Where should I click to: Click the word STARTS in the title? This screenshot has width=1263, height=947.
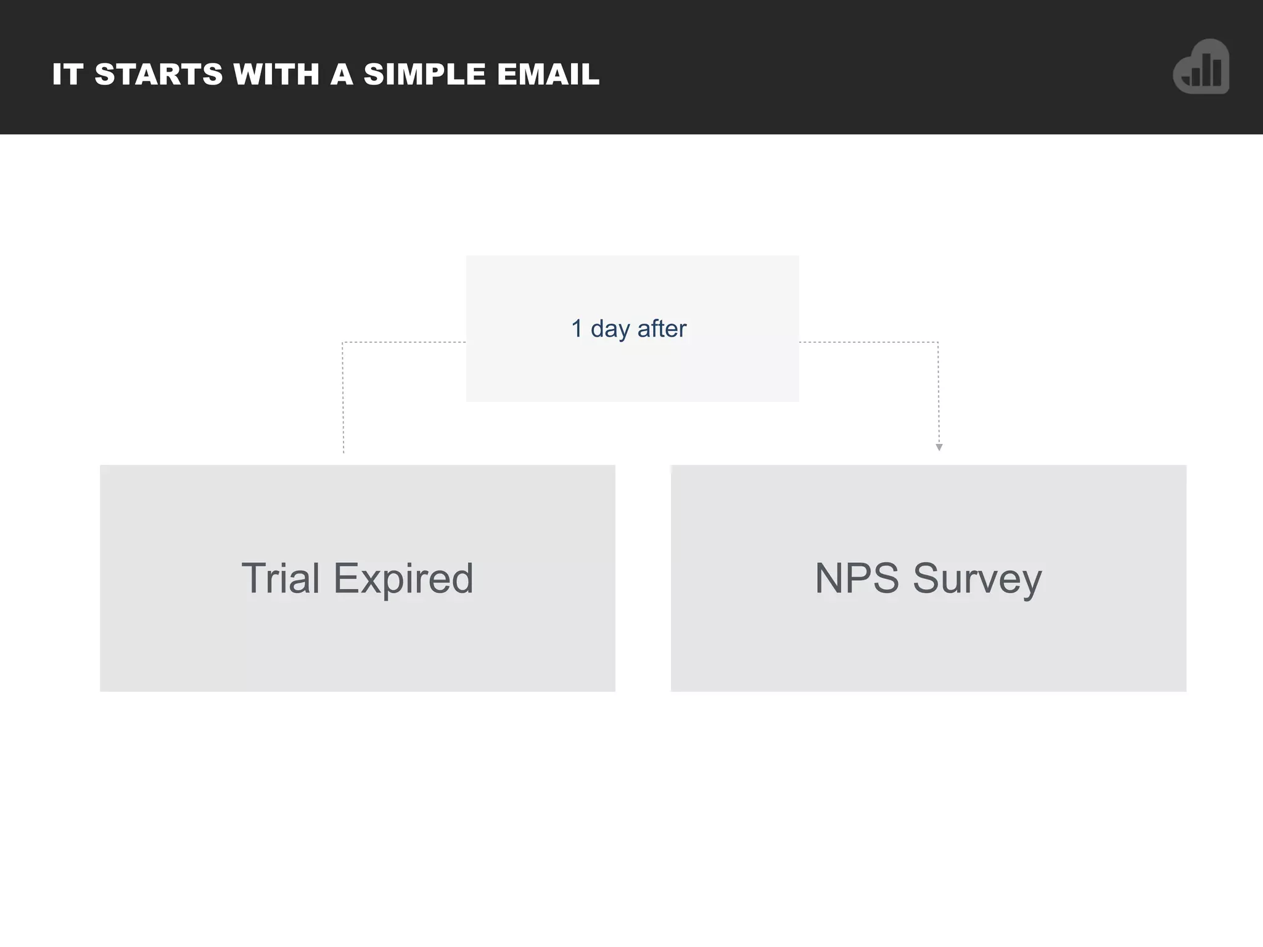(x=158, y=75)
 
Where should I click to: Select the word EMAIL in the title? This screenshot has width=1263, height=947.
(x=548, y=75)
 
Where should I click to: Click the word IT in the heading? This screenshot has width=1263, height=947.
(x=67, y=75)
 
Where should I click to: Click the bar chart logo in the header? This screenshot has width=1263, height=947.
(x=1201, y=67)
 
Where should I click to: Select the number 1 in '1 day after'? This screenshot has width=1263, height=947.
(x=577, y=329)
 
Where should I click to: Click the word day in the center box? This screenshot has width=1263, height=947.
(x=611, y=329)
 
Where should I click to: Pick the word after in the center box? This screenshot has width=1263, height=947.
(x=662, y=329)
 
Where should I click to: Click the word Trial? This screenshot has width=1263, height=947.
(x=281, y=578)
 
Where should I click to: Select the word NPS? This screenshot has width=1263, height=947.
(x=857, y=578)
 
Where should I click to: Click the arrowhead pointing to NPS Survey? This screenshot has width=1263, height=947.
(x=939, y=448)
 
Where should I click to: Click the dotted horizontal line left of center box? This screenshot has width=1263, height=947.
(x=404, y=342)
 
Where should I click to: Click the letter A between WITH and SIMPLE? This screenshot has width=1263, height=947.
(x=342, y=75)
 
